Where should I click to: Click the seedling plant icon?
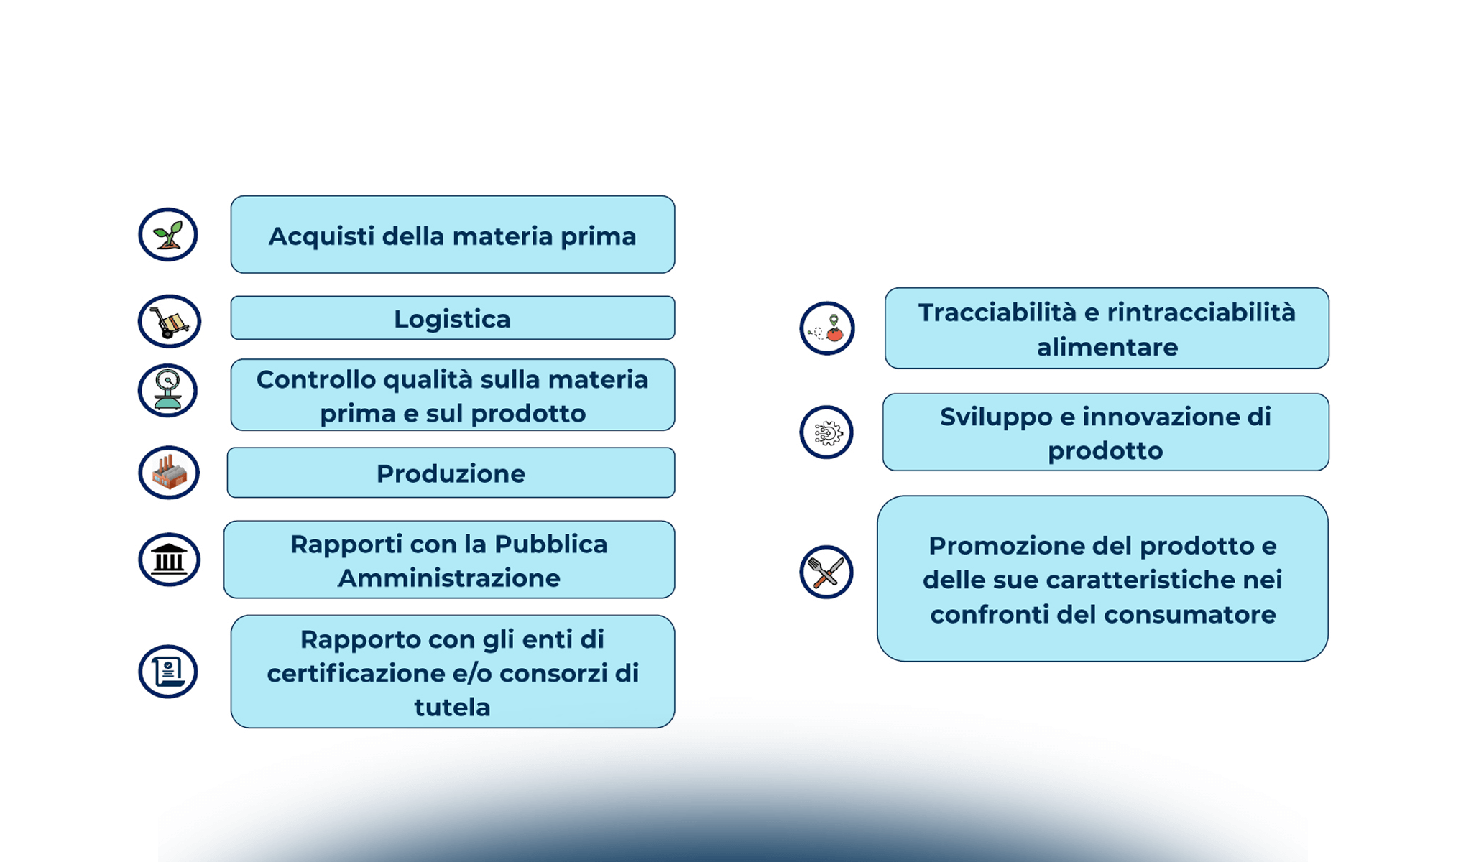pos(168,235)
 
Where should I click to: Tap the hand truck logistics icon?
pos(170,322)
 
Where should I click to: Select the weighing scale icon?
pos(168,391)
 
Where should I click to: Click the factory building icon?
pos(169,473)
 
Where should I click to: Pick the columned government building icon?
pos(170,560)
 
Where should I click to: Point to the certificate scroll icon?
pos(168,672)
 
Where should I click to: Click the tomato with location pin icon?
pos(827,328)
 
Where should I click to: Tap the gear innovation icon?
pos(826,432)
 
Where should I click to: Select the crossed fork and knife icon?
pos(826,572)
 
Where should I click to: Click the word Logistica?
pos(452,319)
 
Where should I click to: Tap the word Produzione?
pos(451,474)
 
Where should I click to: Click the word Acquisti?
pos(321,236)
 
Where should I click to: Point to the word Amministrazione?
pos(449,578)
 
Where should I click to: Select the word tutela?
pos(452,708)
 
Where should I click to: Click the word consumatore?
pos(1189,615)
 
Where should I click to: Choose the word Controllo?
pos(315,379)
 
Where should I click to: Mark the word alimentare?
pos(1107,348)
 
